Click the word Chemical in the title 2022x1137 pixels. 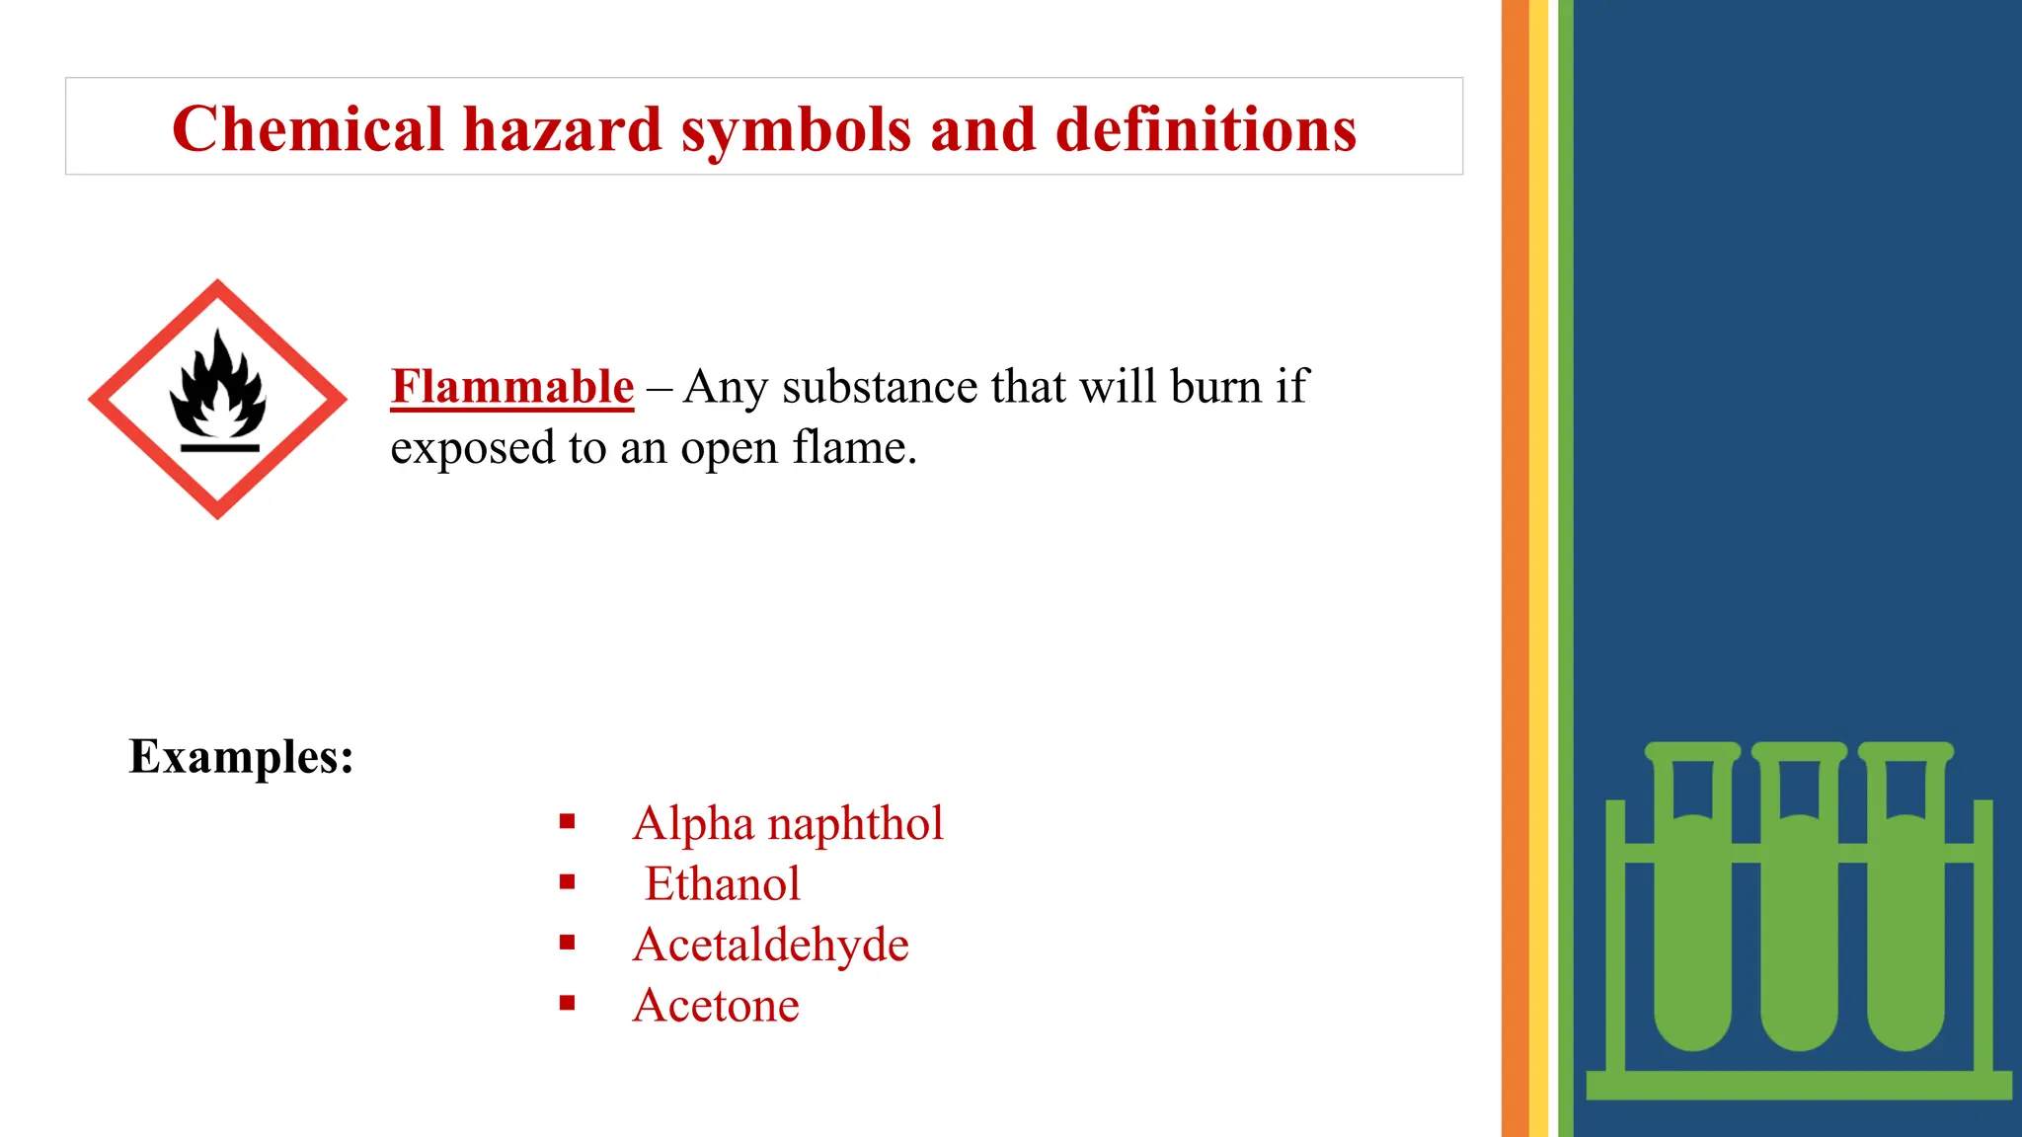point(307,129)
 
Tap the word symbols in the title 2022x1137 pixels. point(796,131)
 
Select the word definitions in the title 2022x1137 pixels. point(1205,129)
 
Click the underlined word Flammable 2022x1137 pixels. point(511,386)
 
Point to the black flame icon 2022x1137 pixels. point(218,387)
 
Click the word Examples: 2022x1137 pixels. point(241,757)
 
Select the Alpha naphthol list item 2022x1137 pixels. point(788,823)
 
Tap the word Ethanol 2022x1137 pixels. point(722,883)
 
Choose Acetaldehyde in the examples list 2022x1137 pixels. point(770,945)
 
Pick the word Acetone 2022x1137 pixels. point(716,1006)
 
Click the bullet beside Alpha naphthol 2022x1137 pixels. point(567,821)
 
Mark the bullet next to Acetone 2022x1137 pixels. point(567,1004)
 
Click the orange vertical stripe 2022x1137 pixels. point(1515,568)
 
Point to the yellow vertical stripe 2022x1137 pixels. point(1538,568)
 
